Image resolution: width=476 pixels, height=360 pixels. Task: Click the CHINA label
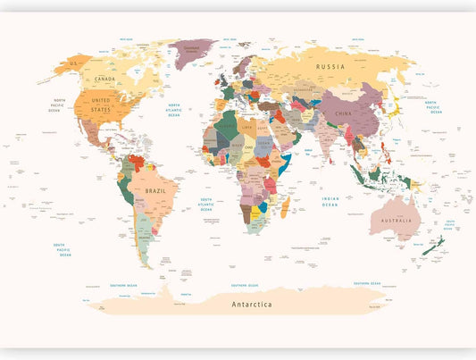click(344, 113)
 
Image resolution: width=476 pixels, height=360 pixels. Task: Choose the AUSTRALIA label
click(396, 221)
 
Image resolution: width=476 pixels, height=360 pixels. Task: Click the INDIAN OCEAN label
click(330, 203)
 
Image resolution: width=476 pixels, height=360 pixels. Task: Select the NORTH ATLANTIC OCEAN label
click(174, 110)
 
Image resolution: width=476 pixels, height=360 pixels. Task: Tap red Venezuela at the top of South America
click(137, 163)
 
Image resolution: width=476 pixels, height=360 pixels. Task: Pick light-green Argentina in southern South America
click(143, 238)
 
